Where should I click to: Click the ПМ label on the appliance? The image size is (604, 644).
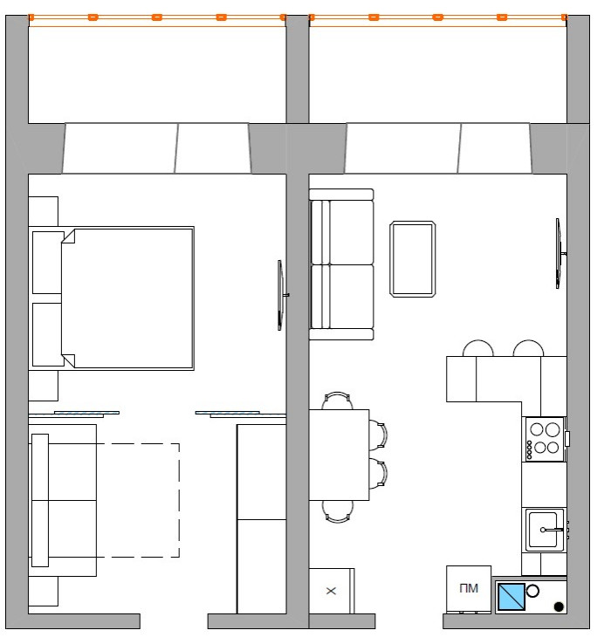click(x=469, y=588)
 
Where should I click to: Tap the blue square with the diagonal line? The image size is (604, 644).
click(x=511, y=596)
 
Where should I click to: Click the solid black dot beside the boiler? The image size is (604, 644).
click(x=559, y=606)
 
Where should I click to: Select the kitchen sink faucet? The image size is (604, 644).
click(x=552, y=530)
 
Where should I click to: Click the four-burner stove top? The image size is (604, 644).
click(x=545, y=439)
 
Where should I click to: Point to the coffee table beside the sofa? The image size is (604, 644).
click(x=413, y=259)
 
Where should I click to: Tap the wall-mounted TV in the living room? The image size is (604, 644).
click(x=559, y=253)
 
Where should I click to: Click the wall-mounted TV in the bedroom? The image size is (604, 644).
click(x=282, y=295)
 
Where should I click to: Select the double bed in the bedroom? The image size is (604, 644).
click(x=112, y=298)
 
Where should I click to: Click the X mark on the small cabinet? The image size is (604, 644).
click(x=331, y=591)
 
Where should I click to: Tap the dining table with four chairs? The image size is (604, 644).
click(x=339, y=455)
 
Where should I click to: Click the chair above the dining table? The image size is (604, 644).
click(x=337, y=401)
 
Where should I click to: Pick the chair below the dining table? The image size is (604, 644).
click(x=337, y=511)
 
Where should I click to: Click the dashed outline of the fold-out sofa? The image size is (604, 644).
click(x=179, y=500)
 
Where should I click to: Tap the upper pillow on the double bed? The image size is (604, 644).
click(x=48, y=263)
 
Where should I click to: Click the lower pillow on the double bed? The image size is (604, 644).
click(x=48, y=334)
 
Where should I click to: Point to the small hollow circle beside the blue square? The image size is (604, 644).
click(x=532, y=592)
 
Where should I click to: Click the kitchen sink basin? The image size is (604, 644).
click(x=543, y=530)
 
